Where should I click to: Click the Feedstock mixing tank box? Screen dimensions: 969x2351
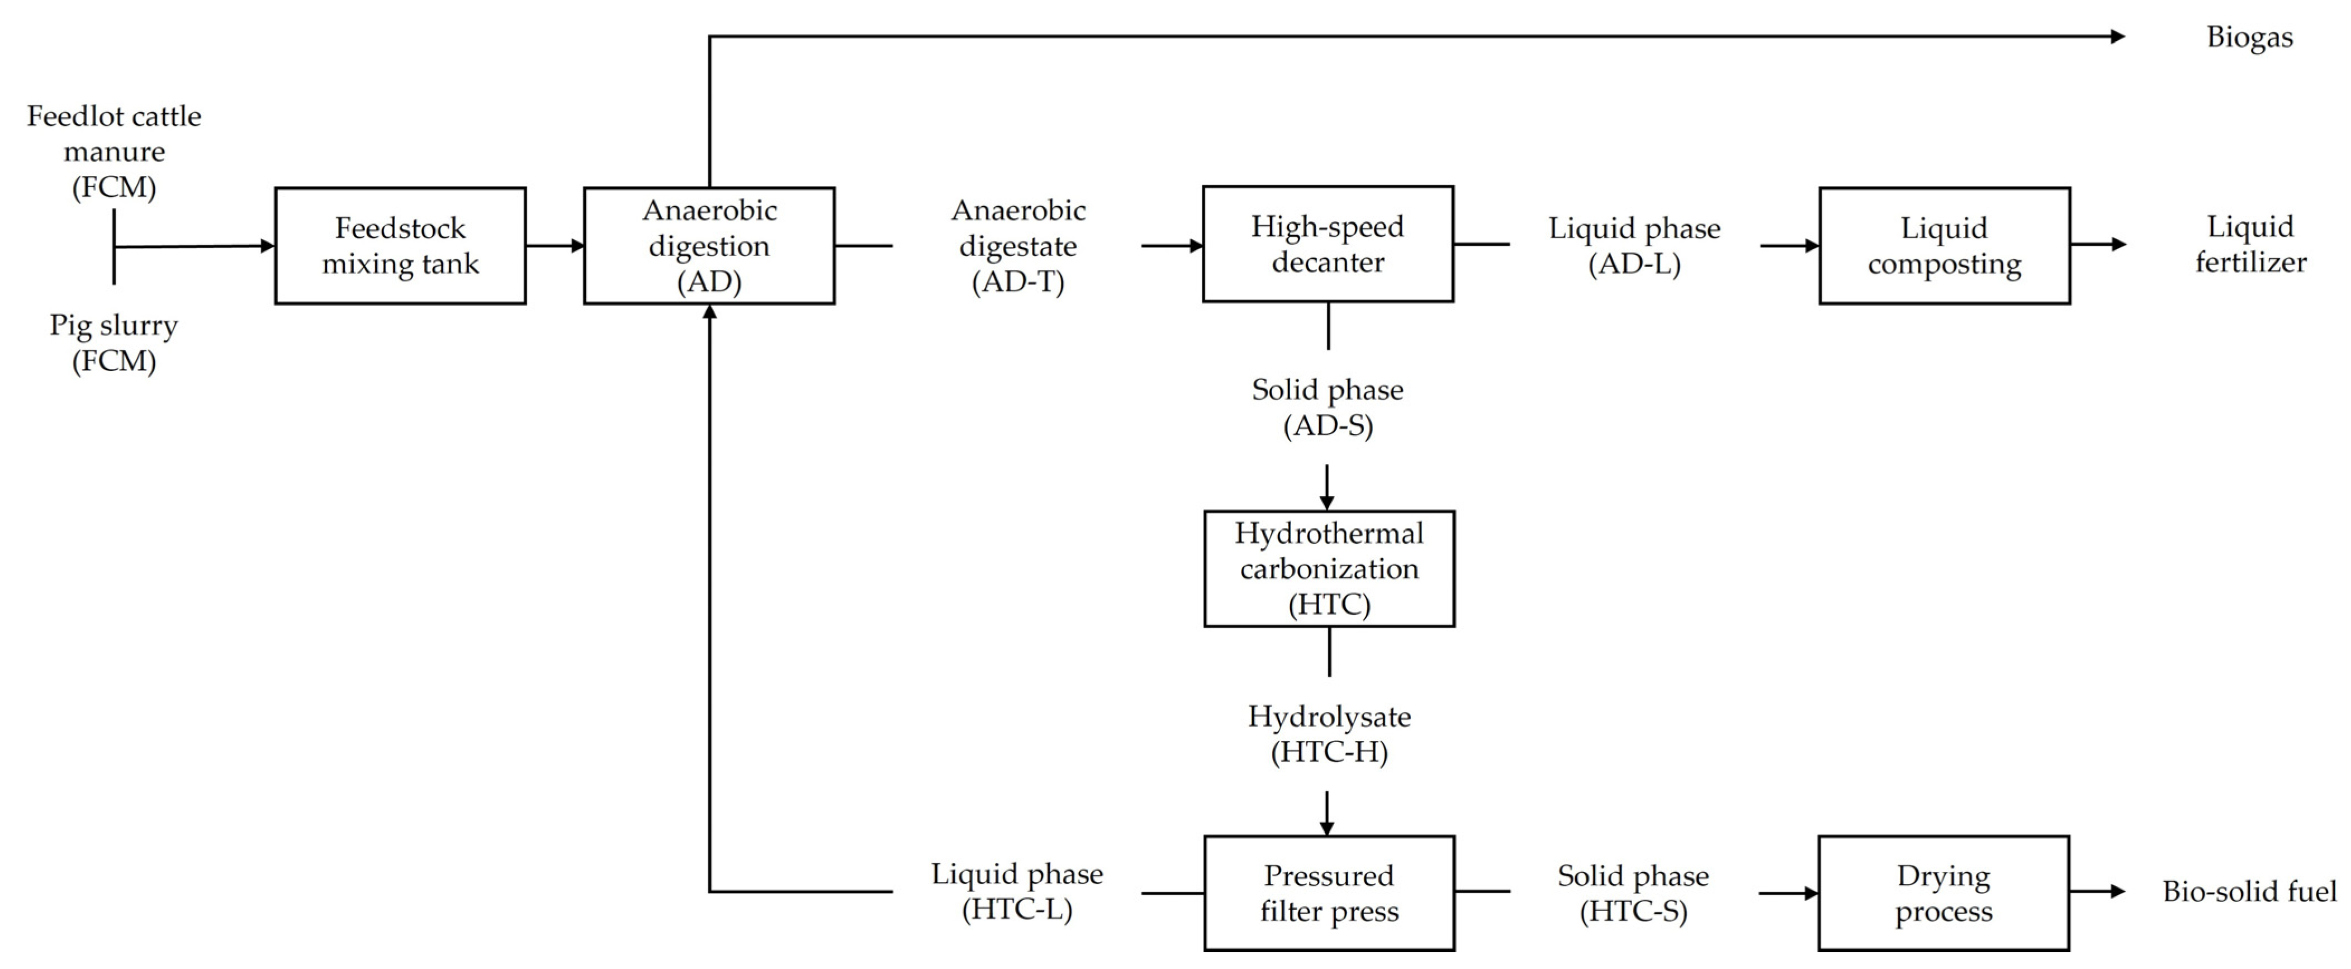(400, 245)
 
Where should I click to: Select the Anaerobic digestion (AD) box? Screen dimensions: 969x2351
(709, 245)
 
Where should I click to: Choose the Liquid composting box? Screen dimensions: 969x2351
(1944, 245)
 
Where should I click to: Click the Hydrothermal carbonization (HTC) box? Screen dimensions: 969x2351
(1329, 568)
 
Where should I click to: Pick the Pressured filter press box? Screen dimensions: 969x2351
(1329, 893)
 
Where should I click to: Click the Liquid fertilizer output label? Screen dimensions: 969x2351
(2250, 245)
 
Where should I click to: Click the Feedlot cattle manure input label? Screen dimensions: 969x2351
(114, 151)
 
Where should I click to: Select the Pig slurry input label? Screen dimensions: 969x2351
(114, 343)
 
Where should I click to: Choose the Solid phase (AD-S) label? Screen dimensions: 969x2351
(1328, 407)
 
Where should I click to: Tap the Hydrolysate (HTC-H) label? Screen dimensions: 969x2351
(1329, 734)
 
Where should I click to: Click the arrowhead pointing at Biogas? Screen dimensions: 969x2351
(2117, 36)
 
